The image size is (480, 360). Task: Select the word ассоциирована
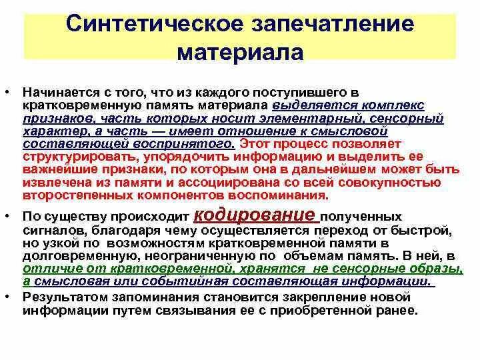(x=242, y=183)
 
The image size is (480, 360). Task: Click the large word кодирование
(x=255, y=215)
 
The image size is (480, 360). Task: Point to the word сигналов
(x=48, y=230)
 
